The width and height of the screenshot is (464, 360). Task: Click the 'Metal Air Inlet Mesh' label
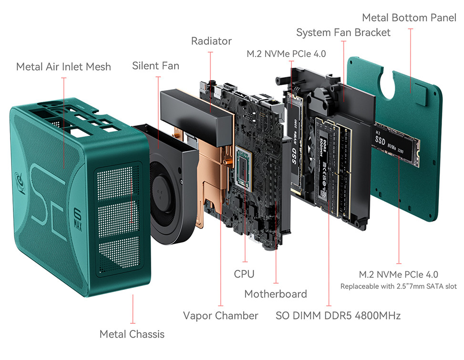pos(63,66)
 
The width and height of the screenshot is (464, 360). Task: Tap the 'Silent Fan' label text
pos(155,65)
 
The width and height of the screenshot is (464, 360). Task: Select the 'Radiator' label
pos(211,41)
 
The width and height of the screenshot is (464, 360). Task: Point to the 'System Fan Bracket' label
pos(343,32)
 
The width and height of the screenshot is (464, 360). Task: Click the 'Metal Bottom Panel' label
pos(409,18)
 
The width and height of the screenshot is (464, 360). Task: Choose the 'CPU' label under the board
pos(244,274)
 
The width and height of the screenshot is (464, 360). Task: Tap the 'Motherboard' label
pos(275,294)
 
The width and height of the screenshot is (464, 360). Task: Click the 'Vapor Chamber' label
pos(220,316)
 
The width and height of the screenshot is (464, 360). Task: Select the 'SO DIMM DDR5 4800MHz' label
pos(338,316)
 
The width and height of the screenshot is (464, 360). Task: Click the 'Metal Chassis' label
pos(132,334)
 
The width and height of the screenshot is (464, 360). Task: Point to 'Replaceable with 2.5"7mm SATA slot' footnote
pos(398,286)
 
